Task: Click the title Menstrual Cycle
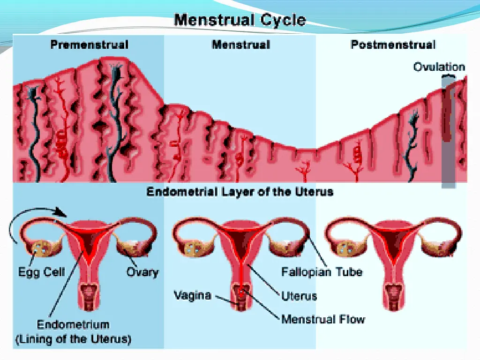click(240, 20)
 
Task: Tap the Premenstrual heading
click(89, 45)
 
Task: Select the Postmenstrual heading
click(393, 45)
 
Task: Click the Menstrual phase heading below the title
click(240, 45)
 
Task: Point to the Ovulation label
click(439, 67)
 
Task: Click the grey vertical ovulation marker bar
click(448, 136)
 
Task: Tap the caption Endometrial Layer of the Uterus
click(240, 192)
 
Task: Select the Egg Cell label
click(42, 272)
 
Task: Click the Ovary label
click(142, 272)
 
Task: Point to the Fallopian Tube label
click(322, 272)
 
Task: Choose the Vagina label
click(193, 296)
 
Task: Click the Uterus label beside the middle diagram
click(299, 296)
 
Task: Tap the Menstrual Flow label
click(323, 320)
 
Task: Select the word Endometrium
click(73, 324)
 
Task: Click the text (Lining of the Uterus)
click(73, 339)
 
